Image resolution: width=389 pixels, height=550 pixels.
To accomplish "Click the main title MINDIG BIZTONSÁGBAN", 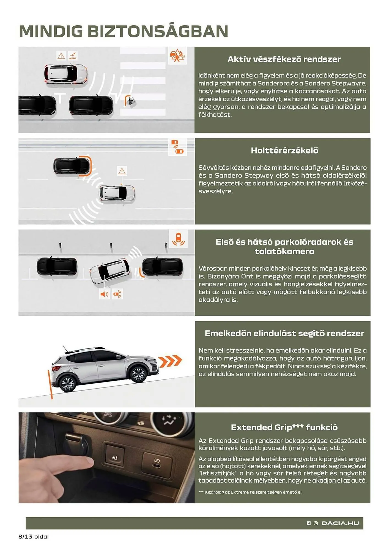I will pos(124,31).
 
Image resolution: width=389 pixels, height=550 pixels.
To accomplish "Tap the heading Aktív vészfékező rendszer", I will pos(284,59).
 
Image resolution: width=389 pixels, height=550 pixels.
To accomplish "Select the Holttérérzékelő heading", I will pos(284,150).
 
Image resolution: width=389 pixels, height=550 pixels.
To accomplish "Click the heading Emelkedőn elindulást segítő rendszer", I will pos(284,333).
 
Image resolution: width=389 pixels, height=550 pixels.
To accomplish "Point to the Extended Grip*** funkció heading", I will pos(284,427).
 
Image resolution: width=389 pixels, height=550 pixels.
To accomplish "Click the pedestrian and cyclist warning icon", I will pos(177,56).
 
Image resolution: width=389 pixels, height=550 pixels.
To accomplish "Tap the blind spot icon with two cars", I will pos(177,147).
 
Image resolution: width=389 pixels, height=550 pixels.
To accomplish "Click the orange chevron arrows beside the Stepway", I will pos(170,361).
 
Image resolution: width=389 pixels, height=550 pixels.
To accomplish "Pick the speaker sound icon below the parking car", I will pos(104,294).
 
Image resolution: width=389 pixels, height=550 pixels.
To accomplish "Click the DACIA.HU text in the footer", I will pos(340,523).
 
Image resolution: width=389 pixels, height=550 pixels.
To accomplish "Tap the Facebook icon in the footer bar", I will pos(309,523).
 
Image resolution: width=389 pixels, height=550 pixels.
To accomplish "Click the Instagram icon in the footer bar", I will pos(316,523).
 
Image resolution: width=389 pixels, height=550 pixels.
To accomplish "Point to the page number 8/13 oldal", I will pos(34,537).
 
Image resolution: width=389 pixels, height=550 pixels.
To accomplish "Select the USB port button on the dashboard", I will pos(157,463).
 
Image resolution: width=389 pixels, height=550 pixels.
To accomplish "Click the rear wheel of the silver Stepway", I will pos(67,383).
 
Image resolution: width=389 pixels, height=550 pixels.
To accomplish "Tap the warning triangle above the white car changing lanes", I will pos(122,171).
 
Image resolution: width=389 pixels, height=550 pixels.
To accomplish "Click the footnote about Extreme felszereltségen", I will pos(250,492).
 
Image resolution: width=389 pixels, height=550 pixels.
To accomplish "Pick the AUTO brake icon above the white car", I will pos(73,56).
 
